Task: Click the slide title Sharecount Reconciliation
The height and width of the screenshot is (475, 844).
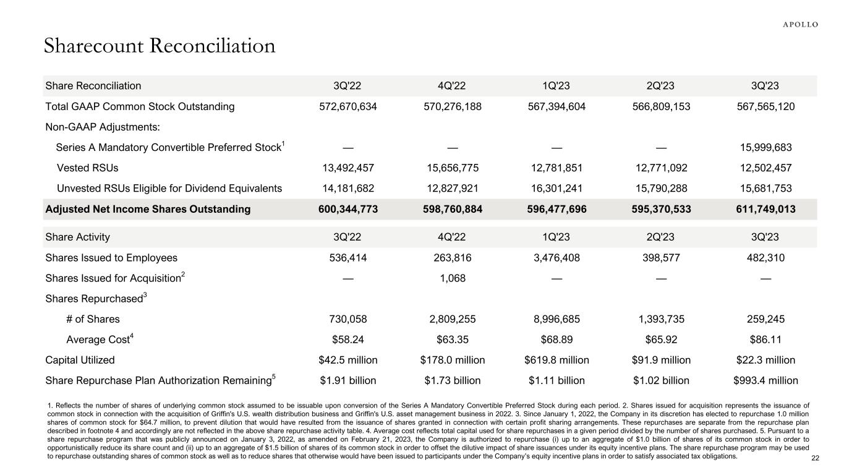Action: click(x=160, y=46)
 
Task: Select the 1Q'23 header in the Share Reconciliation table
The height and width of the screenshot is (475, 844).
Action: click(x=556, y=86)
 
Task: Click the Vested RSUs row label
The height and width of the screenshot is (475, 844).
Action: click(x=87, y=168)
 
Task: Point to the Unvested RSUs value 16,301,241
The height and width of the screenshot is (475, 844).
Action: click(x=556, y=188)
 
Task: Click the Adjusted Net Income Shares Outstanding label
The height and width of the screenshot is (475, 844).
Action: click(x=148, y=209)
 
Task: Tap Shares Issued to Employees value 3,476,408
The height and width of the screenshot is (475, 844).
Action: click(x=556, y=258)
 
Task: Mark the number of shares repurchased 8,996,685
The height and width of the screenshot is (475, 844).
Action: click(x=556, y=319)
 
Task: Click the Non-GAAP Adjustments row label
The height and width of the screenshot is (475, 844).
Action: click(x=101, y=127)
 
